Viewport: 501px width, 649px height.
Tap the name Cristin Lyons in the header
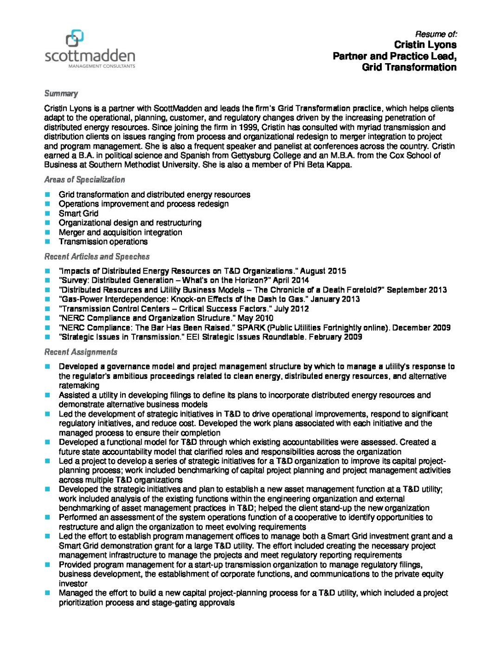pyautogui.click(x=425, y=45)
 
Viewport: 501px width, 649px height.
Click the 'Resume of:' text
pyautogui.click(x=436, y=34)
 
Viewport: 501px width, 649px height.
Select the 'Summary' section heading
pyautogui.click(x=61, y=93)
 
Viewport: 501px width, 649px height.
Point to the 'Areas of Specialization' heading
pyautogui.click(x=84, y=180)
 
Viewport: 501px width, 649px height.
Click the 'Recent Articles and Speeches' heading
pyautogui.click(x=96, y=256)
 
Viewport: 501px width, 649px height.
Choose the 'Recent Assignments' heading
pyautogui.click(x=81, y=352)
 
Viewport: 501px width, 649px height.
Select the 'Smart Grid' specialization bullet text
pyautogui.click(x=78, y=214)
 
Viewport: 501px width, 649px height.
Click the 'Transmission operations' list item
pyautogui.click(x=103, y=241)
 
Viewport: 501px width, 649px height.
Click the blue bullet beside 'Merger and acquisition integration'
pyautogui.click(x=47, y=232)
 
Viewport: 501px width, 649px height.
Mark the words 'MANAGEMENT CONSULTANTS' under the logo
pyautogui.click(x=102, y=66)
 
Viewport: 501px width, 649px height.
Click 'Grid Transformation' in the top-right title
pyautogui.click(x=409, y=67)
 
